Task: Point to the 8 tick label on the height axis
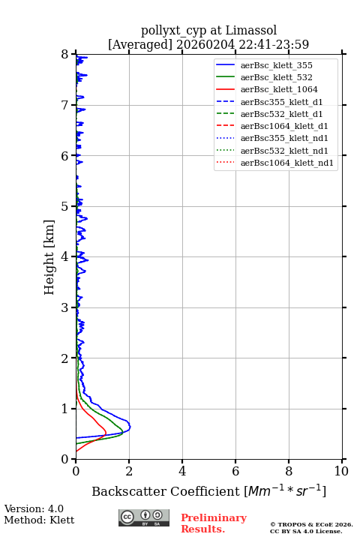pyautogui.click(x=65, y=54)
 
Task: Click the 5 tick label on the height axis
pyautogui.click(x=65, y=206)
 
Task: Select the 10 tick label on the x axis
pyautogui.click(x=341, y=471)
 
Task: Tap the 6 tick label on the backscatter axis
pyautogui.click(x=235, y=471)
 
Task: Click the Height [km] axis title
pyautogui.click(x=49, y=257)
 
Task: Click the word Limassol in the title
pyautogui.click(x=251, y=31)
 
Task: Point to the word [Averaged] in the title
pyautogui.click(x=139, y=44)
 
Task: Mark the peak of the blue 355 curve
pyautogui.click(x=130, y=427)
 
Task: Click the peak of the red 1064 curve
pyautogui.click(x=106, y=433)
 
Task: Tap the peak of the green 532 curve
pyautogui.click(x=123, y=432)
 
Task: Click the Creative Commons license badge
pyautogui.click(x=144, y=518)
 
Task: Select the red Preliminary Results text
pyautogui.click(x=214, y=523)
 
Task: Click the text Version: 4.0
pyautogui.click(x=34, y=508)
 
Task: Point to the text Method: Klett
pyautogui.click(x=39, y=520)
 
